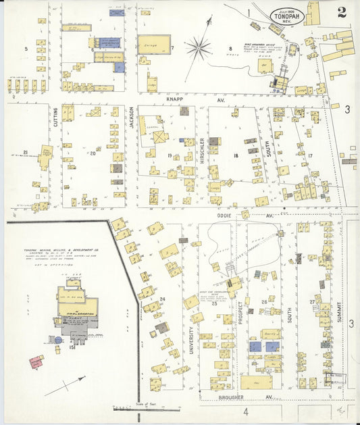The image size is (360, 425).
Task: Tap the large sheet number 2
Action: pos(342,11)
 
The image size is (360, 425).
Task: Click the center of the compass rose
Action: pos(198,47)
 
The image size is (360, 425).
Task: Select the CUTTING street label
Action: pos(55,118)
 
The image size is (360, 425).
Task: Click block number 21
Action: pos(25,152)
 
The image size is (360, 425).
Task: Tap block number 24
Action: pos(163,299)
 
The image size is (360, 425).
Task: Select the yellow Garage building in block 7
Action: pos(153,45)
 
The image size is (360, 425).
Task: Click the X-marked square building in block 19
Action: pos(160,137)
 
